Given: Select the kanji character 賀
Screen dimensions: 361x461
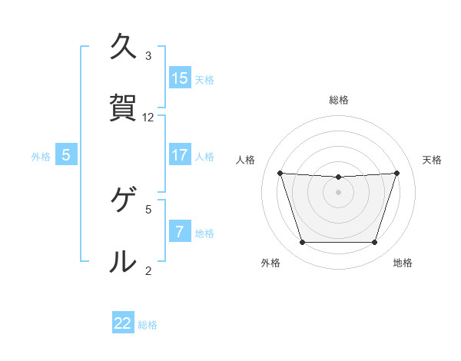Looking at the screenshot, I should tap(123, 108).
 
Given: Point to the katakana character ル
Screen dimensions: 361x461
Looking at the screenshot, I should tap(123, 261).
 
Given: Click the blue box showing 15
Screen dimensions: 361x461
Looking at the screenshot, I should tap(180, 78).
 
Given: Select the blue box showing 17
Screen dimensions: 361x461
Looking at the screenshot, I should tap(180, 154).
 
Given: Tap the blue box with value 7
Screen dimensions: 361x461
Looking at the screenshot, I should tap(180, 231).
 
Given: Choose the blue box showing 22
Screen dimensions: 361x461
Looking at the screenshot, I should tap(123, 323).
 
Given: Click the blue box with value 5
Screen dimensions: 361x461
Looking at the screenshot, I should tap(66, 154).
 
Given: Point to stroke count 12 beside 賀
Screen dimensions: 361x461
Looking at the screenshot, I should tap(148, 118).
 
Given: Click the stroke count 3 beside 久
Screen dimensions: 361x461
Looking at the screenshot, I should tap(148, 56).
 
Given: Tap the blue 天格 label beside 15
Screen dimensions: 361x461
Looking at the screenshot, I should tap(204, 79).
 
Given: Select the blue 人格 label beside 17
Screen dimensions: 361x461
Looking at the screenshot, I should tap(204, 156).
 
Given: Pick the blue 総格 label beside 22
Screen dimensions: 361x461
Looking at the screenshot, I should tap(148, 325).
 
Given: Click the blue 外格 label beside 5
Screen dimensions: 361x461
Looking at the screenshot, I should tap(41, 156).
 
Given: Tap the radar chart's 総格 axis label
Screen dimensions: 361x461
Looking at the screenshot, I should tap(338, 100).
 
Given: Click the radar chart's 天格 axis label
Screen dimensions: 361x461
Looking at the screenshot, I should tap(432, 160).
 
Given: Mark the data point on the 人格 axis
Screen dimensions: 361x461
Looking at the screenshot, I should tap(280, 173).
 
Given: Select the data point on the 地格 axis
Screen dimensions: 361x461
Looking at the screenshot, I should tap(374, 242).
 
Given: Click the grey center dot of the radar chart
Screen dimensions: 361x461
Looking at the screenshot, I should tap(338, 191).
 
